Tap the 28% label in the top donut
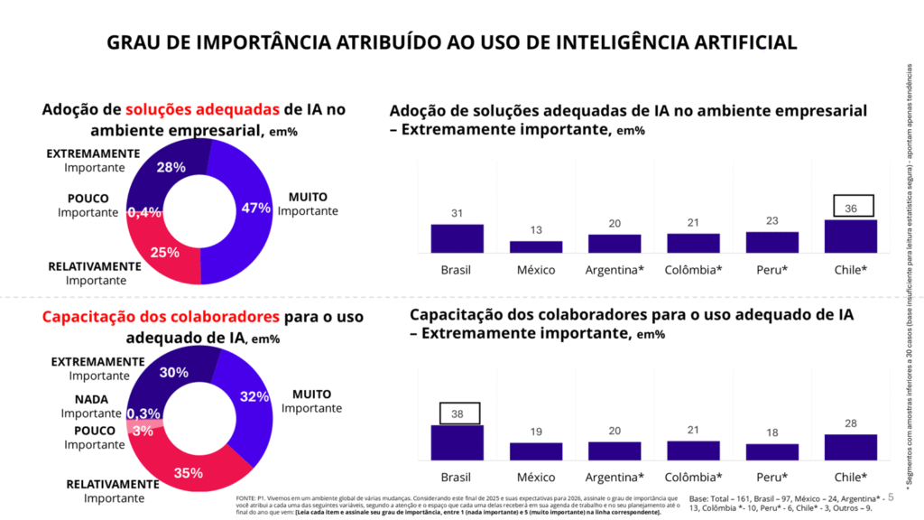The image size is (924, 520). [x=171, y=167]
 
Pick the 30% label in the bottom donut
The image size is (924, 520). [x=173, y=372]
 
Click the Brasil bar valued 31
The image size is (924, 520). [x=457, y=238]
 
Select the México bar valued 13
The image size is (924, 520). [x=536, y=246]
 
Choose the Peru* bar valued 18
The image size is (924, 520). [x=772, y=451]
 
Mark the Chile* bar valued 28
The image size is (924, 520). [x=851, y=447]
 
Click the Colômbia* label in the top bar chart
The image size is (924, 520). [x=693, y=270]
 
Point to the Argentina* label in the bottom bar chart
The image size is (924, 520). [x=614, y=477]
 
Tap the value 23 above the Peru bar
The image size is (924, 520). [x=772, y=220]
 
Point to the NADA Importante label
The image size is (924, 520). [x=91, y=405]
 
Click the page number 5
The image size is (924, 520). [x=891, y=497]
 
